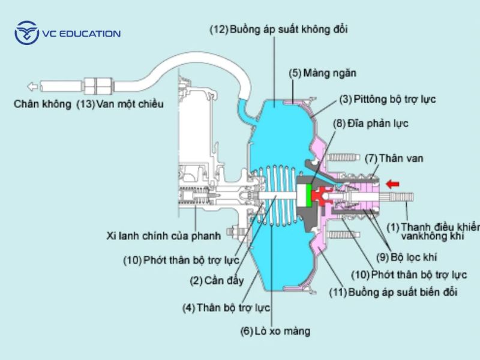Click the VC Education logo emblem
click(x=26, y=33)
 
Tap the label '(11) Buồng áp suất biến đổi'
click(x=394, y=292)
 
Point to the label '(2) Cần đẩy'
click(x=213, y=280)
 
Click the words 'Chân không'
click(x=42, y=104)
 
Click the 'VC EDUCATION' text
click(x=80, y=34)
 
